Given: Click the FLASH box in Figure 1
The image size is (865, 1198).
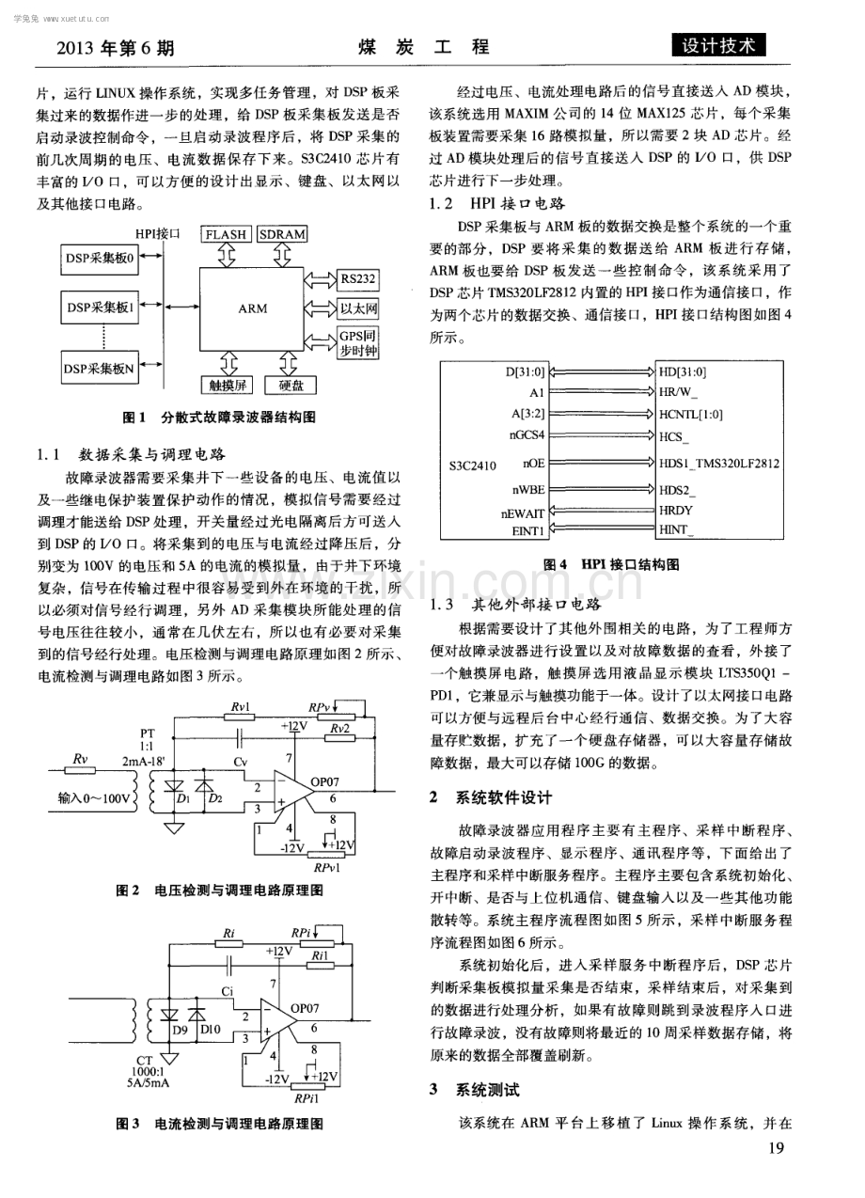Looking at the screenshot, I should [226, 234].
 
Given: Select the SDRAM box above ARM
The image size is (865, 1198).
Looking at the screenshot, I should [282, 234].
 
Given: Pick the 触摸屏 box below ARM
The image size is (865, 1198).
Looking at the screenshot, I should [226, 385].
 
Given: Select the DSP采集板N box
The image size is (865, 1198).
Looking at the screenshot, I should [100, 368].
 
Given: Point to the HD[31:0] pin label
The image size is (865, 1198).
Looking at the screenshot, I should [683, 371].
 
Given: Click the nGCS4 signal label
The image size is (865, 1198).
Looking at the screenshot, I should [527, 434].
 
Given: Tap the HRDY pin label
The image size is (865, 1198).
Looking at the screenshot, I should [676, 511].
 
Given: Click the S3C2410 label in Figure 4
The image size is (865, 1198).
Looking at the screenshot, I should [473, 465].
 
